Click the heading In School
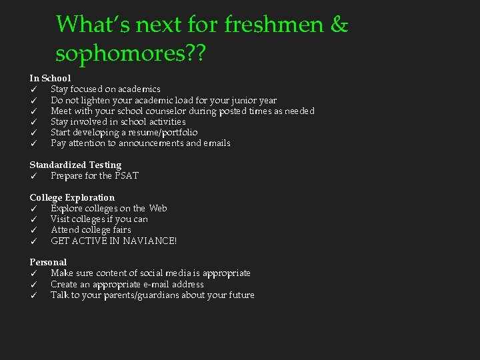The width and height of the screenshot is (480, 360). pyautogui.click(x=50, y=78)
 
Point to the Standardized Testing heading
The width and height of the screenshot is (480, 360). pyautogui.click(x=75, y=165)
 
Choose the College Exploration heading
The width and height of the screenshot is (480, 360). pyautogui.click(x=72, y=197)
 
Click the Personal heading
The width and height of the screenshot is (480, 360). pyautogui.click(x=48, y=262)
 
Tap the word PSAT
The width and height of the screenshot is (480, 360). pyautogui.click(x=127, y=176)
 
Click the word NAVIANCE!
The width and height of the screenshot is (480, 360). pyautogui.click(x=149, y=241)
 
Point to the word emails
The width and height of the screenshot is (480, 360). pyautogui.click(x=217, y=143)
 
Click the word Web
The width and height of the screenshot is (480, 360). pyautogui.click(x=158, y=208)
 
